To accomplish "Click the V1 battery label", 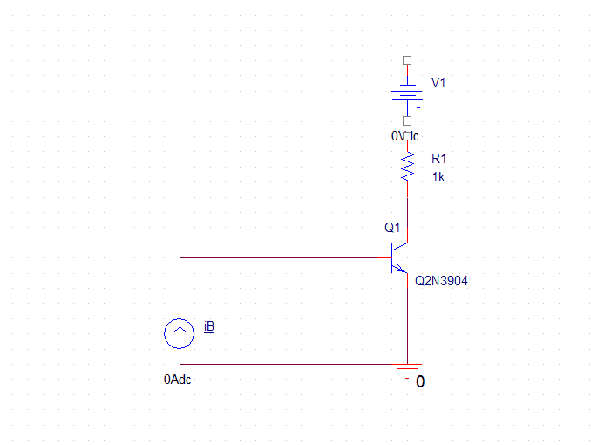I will [x=438, y=83].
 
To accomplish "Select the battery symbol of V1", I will [x=406, y=92].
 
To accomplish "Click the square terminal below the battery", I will [x=406, y=122].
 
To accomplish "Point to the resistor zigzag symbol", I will [x=407, y=166].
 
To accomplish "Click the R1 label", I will [x=438, y=159].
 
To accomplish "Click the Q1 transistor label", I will [x=392, y=228].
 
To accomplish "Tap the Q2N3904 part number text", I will [x=441, y=282].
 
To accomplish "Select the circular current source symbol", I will [x=180, y=332].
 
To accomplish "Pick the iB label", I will [x=209, y=326].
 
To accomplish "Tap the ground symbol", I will [x=407, y=371].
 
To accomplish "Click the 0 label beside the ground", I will [x=420, y=381].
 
